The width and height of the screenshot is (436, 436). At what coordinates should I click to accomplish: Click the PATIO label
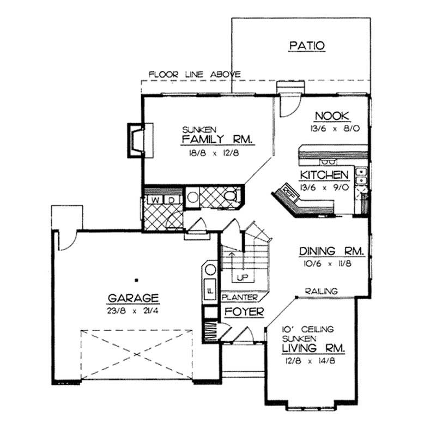(307, 46)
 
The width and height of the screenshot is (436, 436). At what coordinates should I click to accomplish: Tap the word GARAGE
(133, 298)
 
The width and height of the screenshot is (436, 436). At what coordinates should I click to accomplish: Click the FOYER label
(244, 312)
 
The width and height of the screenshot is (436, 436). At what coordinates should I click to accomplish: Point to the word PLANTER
(239, 298)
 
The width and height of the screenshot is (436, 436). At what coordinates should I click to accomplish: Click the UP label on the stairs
(243, 277)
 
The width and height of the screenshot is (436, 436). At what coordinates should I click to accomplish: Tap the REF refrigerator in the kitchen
(287, 191)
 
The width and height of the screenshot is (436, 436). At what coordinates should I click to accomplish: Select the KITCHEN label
(324, 175)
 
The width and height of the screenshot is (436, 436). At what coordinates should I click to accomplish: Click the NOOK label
(332, 116)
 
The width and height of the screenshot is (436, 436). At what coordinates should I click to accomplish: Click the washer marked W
(156, 200)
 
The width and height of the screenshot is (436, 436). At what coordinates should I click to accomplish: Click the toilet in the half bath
(231, 197)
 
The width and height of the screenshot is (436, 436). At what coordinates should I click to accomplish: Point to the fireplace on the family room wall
(135, 139)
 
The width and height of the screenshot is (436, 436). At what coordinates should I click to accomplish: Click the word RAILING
(321, 292)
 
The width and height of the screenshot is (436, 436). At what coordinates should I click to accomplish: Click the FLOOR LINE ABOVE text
(195, 74)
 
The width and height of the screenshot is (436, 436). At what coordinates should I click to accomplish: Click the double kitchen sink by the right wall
(360, 177)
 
